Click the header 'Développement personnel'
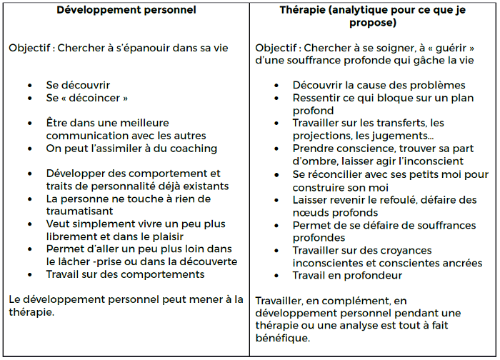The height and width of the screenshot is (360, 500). [x=125, y=10]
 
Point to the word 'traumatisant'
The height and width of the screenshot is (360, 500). [x=81, y=211]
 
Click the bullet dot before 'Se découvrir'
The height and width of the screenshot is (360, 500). [x=30, y=84]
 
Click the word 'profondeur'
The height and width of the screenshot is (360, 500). [x=376, y=275]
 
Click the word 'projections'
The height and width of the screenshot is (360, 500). [x=321, y=136]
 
